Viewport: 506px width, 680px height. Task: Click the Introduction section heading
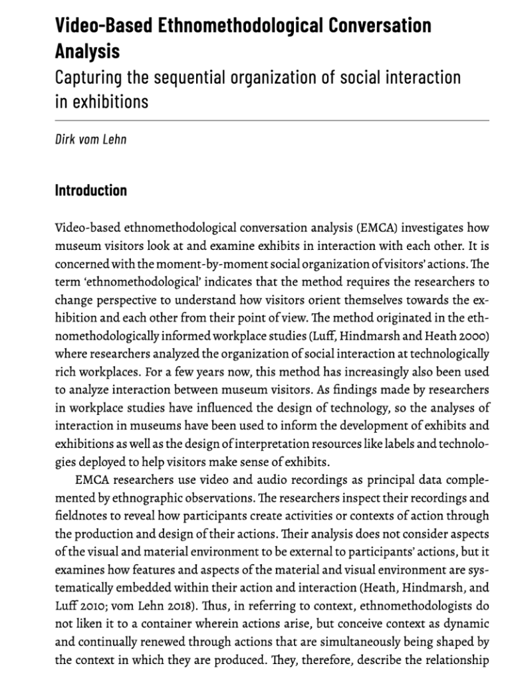pyautogui.click(x=90, y=191)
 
